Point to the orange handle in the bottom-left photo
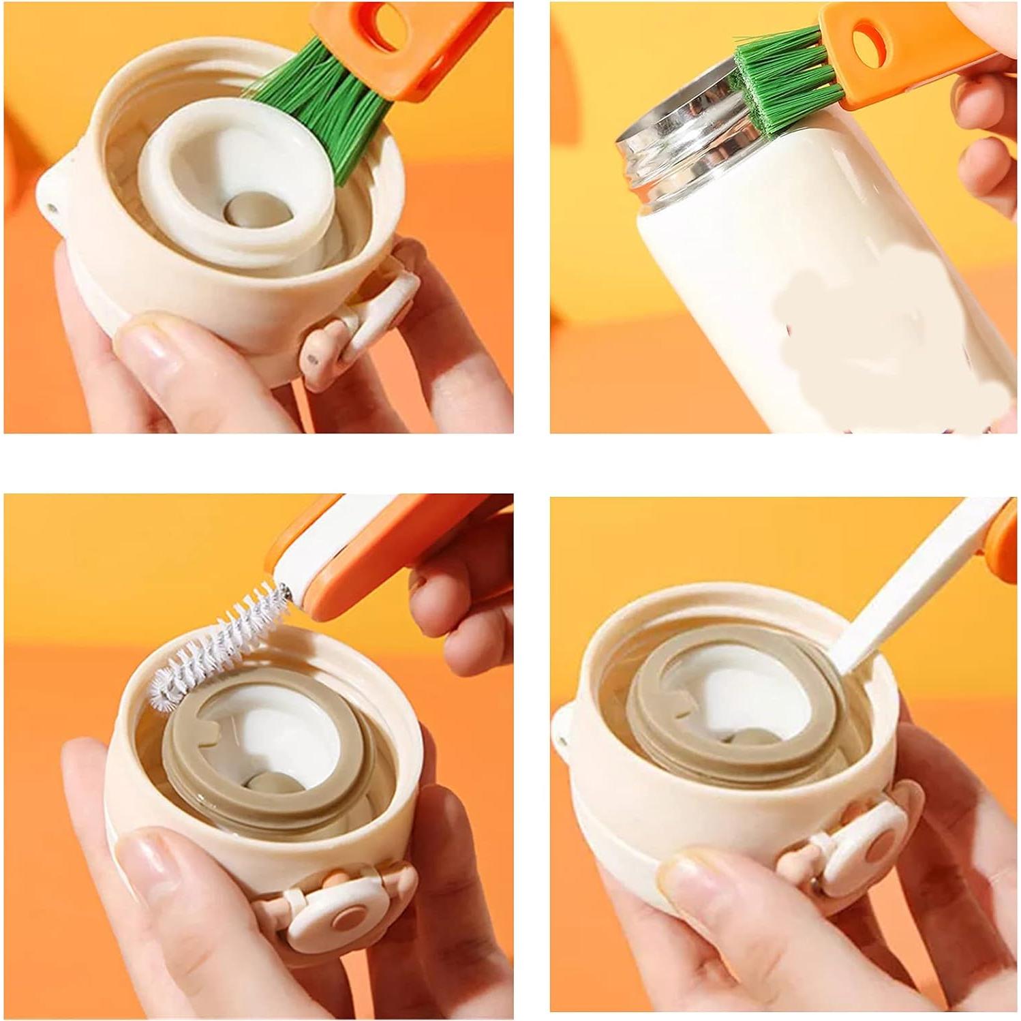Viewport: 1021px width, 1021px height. [382, 538]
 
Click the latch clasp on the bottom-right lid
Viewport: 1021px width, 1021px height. [866, 852]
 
